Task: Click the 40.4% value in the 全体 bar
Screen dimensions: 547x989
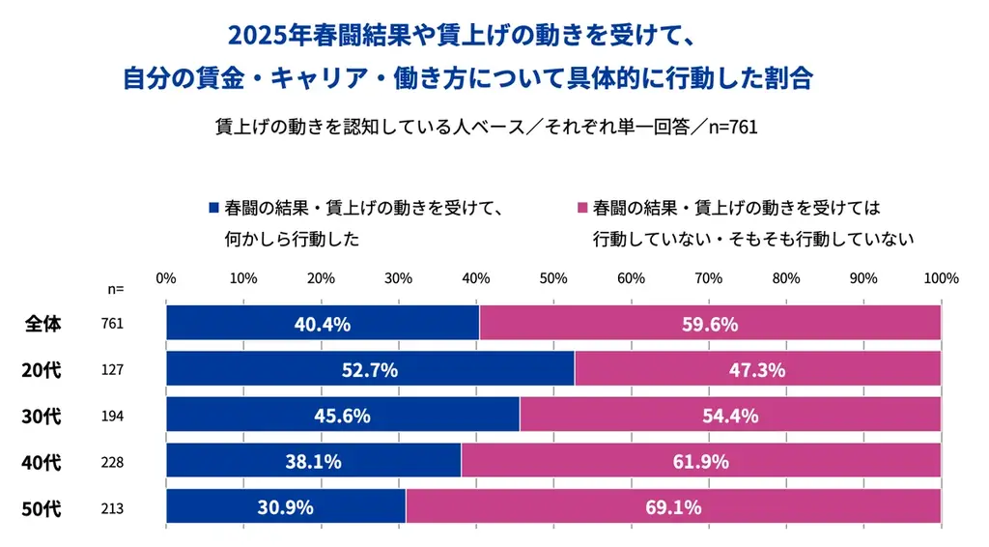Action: point(322,324)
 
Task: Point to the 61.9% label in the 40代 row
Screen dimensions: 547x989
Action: point(700,462)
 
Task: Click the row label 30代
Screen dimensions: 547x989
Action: point(42,417)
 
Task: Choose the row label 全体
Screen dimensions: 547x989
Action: point(42,324)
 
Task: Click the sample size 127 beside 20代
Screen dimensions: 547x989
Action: point(112,370)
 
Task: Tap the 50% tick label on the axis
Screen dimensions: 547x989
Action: point(552,278)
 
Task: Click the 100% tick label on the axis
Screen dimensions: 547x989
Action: point(940,278)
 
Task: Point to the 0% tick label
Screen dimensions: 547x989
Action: point(166,278)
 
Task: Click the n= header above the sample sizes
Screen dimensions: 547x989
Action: point(115,288)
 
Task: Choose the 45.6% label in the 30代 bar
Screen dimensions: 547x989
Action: point(342,416)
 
